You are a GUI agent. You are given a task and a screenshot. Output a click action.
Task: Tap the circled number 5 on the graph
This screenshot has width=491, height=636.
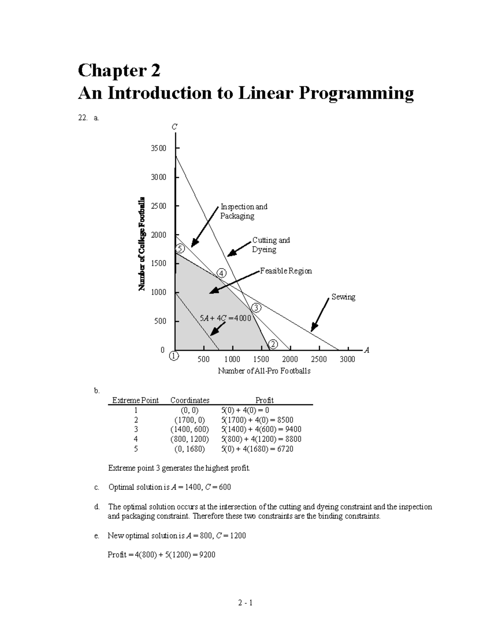tap(180, 249)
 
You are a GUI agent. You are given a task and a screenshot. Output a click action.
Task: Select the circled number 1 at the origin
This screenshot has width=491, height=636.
tap(174, 356)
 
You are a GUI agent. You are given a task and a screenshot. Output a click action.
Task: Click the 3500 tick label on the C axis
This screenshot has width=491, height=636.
tap(159, 148)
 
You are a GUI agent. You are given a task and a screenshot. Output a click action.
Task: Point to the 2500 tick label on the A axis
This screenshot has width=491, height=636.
tap(319, 359)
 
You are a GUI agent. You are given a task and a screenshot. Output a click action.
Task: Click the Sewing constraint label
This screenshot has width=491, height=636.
tap(343, 297)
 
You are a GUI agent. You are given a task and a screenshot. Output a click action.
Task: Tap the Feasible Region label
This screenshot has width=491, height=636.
tap(286, 271)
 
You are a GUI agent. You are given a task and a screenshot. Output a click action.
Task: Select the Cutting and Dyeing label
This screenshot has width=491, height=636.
tap(270, 244)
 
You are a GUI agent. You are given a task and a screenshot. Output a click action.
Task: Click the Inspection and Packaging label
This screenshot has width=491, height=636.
tap(243, 211)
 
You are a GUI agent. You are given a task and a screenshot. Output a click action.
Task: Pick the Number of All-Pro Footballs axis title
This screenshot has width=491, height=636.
tap(264, 371)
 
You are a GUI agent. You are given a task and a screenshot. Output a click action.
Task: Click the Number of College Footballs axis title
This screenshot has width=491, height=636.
tap(142, 244)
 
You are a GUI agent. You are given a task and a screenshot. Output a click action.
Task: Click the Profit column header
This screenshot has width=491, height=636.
tap(264, 400)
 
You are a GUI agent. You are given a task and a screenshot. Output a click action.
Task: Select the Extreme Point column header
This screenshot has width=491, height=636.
tap(135, 400)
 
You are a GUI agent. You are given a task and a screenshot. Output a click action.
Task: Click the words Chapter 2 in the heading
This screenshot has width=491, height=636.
tap(119, 70)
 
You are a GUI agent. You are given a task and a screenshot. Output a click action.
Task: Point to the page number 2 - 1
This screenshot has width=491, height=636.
tap(245, 603)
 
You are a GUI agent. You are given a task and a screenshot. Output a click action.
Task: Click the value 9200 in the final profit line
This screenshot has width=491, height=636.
tap(207, 555)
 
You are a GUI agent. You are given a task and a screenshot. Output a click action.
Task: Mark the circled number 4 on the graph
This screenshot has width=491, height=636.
tap(221, 273)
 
